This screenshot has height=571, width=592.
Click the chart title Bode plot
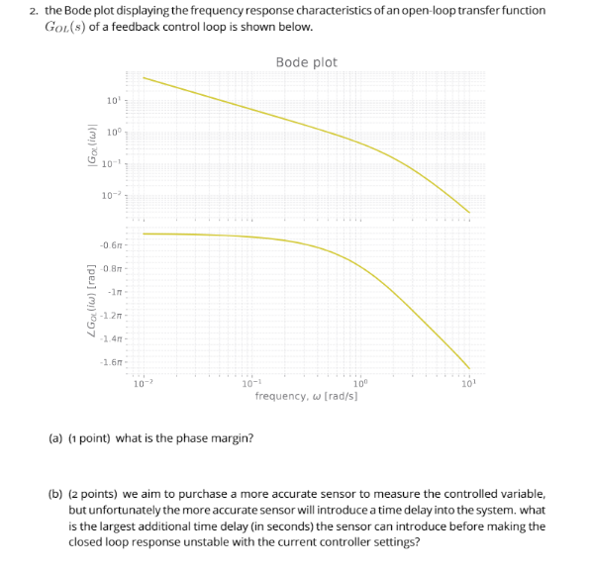[x=306, y=62]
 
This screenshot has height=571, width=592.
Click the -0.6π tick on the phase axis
[x=111, y=244]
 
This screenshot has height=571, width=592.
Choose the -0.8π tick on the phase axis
[x=111, y=268]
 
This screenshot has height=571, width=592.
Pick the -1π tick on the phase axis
[x=114, y=291]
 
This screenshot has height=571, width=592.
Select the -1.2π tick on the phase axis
[x=111, y=315]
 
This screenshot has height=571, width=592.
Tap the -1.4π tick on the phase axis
[x=111, y=338]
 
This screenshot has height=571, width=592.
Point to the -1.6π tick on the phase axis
[x=111, y=362]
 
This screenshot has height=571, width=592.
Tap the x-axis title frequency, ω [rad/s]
[x=306, y=396]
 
